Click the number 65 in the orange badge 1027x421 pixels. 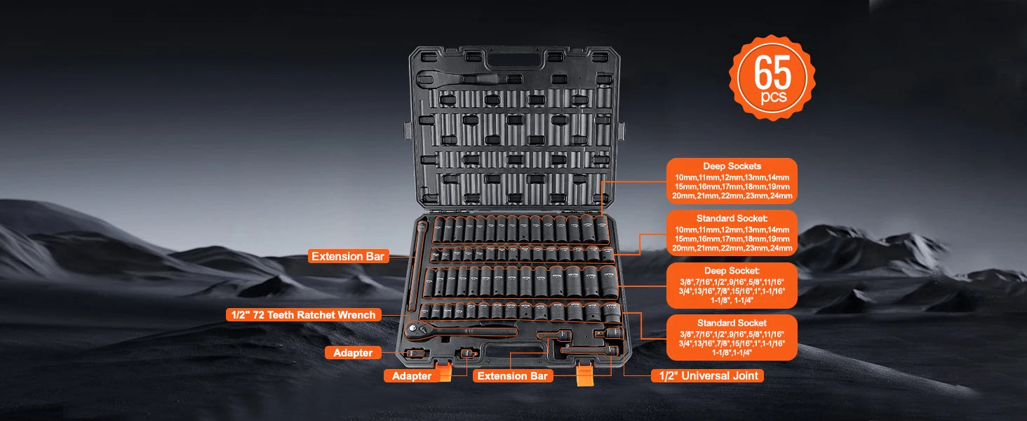(x=772, y=72)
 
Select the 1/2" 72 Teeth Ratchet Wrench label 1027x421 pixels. (x=304, y=315)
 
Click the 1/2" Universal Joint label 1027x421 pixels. (x=707, y=375)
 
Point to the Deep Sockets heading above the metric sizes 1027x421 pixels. (x=732, y=166)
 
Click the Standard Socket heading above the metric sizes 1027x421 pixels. (x=732, y=218)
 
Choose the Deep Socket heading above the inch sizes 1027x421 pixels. (x=732, y=270)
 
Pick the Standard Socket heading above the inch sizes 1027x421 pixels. (x=732, y=323)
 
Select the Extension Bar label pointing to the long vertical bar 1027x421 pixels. (x=348, y=256)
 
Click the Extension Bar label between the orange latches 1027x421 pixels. (x=512, y=376)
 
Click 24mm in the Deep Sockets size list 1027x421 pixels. (x=781, y=196)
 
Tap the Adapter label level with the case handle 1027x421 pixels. (x=353, y=353)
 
